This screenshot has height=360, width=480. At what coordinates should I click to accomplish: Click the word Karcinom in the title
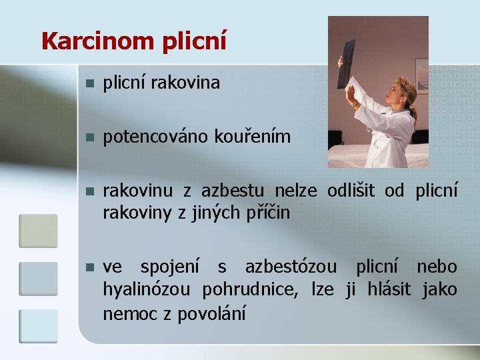pos(98,41)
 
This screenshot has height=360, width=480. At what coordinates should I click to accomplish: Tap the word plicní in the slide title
pos(194,41)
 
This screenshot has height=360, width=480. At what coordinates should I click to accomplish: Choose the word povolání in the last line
pos(211,313)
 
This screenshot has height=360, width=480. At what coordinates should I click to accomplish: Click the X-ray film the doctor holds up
pos(346,63)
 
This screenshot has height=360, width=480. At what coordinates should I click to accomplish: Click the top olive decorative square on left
pos(38,231)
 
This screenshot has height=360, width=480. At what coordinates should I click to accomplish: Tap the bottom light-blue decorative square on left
pos(38,326)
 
